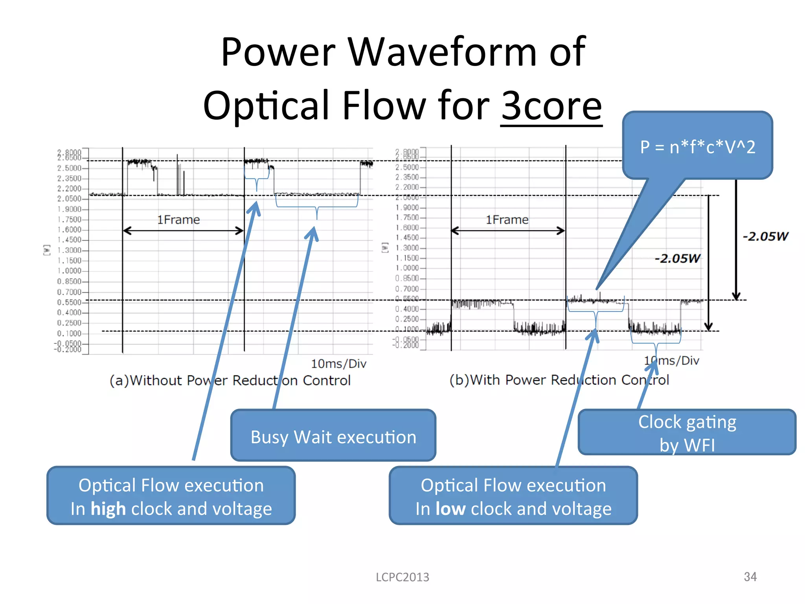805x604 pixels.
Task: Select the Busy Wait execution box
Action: tap(333, 437)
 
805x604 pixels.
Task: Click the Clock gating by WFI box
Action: tap(687, 433)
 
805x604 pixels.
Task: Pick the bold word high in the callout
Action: tap(108, 509)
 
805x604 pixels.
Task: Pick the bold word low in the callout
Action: tap(450, 509)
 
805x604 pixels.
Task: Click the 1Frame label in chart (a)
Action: tap(178, 220)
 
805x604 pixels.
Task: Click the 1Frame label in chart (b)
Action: tap(507, 220)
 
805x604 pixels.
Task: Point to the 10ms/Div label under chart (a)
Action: tap(338, 364)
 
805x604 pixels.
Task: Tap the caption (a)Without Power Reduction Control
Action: tap(230, 380)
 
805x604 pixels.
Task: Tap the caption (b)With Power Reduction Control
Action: tap(559, 380)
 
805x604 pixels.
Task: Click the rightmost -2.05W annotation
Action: tap(765, 236)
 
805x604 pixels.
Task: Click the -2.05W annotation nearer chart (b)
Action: tap(677, 258)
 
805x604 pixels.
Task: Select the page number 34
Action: tap(750, 577)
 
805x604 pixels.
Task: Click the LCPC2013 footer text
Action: tap(402, 577)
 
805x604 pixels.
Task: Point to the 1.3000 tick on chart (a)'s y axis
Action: tap(69, 250)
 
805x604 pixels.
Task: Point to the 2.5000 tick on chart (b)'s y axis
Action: tap(407, 167)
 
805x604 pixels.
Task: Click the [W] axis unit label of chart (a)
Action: tap(47, 250)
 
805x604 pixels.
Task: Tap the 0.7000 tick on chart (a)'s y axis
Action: tap(69, 292)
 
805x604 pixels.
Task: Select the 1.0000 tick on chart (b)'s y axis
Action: tap(407, 268)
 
